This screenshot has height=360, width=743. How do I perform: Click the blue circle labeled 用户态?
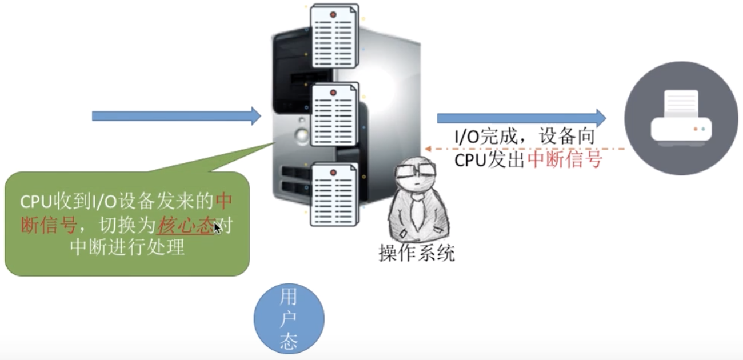click(x=289, y=319)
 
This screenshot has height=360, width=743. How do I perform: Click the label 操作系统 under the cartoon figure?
click(x=417, y=252)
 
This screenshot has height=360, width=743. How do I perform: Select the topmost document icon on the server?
click(x=334, y=36)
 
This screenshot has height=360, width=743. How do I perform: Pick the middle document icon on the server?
click(x=334, y=114)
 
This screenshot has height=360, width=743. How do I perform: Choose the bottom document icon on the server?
click(x=334, y=193)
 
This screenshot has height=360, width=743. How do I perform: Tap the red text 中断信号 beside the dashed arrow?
click(x=565, y=159)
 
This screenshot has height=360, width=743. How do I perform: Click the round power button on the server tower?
click(x=301, y=135)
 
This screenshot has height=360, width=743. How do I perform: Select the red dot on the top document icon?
click(x=334, y=13)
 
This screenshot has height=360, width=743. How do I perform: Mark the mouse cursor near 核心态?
click(x=217, y=228)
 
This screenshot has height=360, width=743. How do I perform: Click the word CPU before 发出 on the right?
click(x=470, y=160)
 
